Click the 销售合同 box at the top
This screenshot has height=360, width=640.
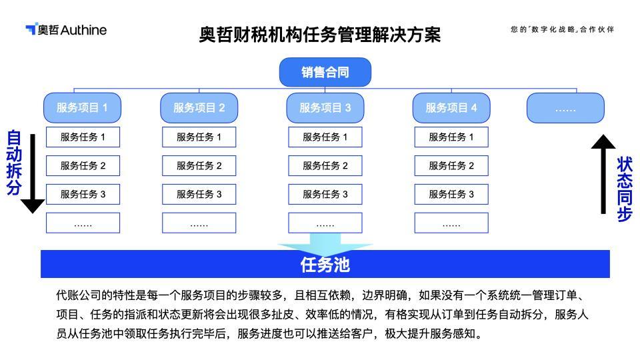[325, 72]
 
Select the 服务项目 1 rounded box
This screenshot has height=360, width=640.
[82, 108]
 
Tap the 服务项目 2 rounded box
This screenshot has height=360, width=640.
[199, 108]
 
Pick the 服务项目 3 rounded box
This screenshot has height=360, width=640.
[325, 108]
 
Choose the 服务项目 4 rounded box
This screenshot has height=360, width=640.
[451, 108]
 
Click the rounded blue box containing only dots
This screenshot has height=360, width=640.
[565, 108]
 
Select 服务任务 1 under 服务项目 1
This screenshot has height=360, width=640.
[83, 137]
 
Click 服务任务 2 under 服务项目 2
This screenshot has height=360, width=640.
[199, 166]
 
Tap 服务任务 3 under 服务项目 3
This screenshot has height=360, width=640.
[325, 194]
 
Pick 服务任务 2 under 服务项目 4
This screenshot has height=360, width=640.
[451, 166]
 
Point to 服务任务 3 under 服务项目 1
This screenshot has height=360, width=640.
[83, 194]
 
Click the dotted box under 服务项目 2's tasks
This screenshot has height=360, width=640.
[199, 223]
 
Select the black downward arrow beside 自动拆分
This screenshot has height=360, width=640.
[33, 173]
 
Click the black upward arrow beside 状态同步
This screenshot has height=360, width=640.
[603, 174]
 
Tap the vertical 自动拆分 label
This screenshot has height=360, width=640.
[14, 163]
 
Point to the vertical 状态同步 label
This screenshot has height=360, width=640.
[625, 189]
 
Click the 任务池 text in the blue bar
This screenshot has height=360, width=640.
[325, 265]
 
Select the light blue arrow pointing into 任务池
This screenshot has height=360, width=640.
[325, 244]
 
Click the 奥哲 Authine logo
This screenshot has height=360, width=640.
[66, 29]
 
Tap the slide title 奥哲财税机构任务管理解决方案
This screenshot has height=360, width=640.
[319, 35]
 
